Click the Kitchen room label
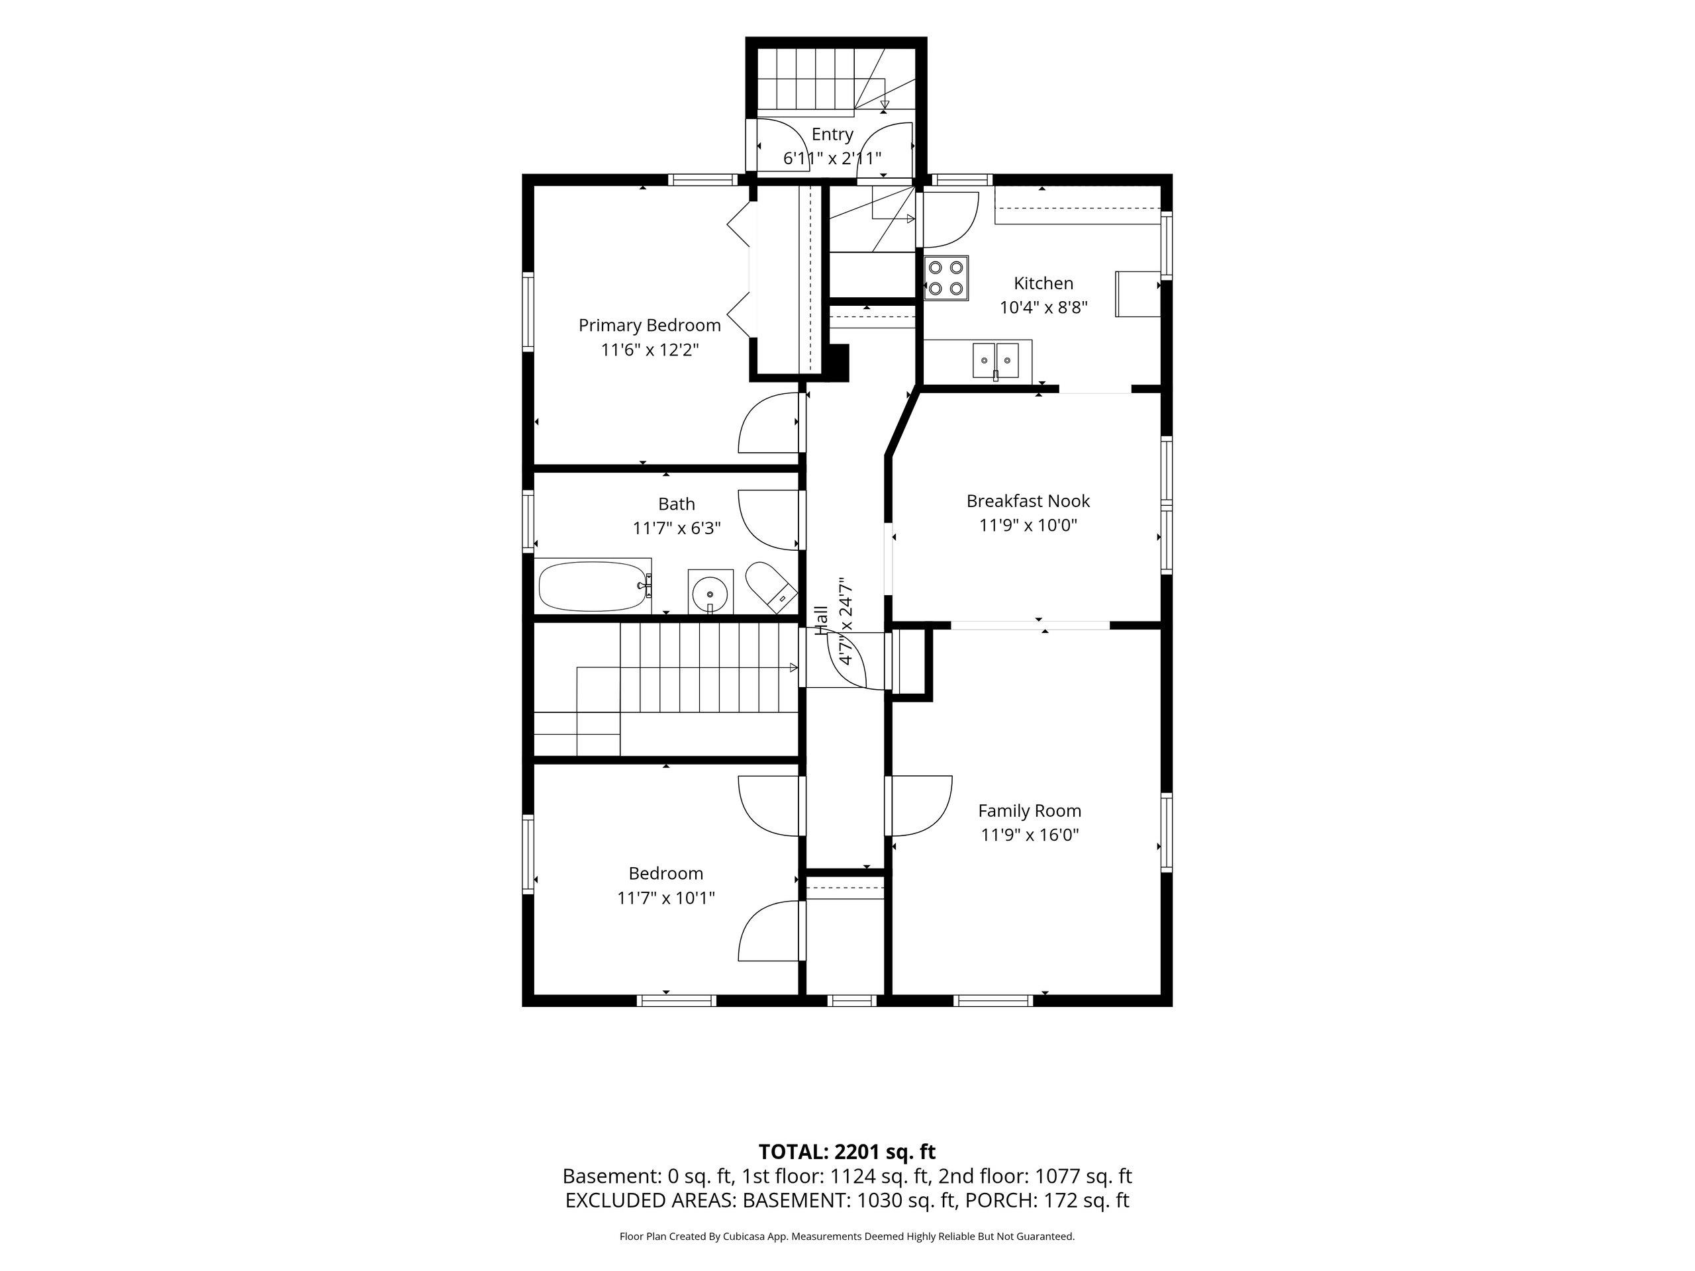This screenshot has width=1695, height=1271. click(x=1043, y=283)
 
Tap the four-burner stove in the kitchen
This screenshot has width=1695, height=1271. click(x=945, y=278)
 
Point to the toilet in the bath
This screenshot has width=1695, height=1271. click(x=771, y=587)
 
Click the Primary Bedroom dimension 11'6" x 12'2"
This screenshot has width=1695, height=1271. click(x=650, y=350)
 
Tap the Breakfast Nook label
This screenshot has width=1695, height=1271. click(x=1028, y=501)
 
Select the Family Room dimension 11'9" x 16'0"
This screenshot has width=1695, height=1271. click(x=1030, y=834)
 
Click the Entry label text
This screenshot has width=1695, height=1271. click(x=832, y=135)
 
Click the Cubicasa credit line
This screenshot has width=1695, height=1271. click(x=847, y=1236)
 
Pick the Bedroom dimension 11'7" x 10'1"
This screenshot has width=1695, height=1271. click(x=666, y=897)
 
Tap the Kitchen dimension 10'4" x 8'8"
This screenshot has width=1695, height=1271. click(x=1043, y=307)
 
